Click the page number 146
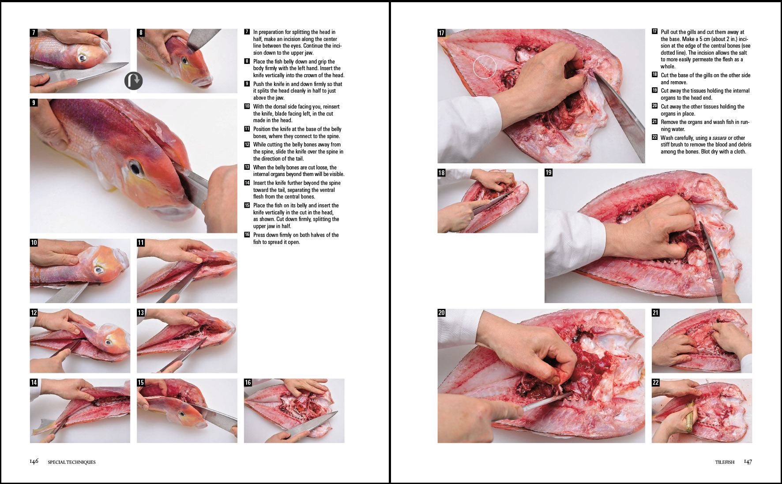point(34,461)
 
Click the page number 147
point(748,461)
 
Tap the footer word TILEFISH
point(725,462)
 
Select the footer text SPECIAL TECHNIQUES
point(71,462)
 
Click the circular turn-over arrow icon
point(133,81)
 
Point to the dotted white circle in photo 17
point(485,67)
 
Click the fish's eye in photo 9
point(134,168)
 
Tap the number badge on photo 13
point(141,312)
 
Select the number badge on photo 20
point(441,312)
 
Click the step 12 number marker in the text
point(247,144)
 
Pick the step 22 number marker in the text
point(654,137)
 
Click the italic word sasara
point(719,138)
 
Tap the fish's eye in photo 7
point(82,58)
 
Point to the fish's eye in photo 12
point(109,342)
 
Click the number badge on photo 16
point(248,383)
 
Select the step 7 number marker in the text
point(247,32)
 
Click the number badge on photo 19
point(549,173)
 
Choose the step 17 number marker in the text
point(654,31)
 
